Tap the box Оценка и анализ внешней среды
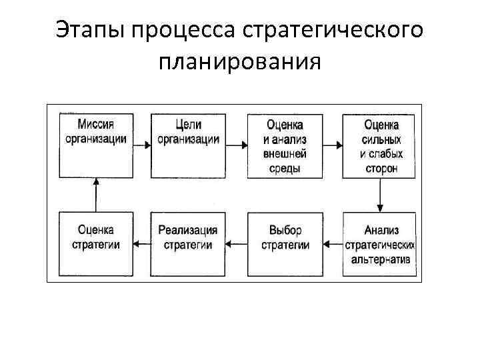[285, 146]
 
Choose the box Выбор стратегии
[285, 244]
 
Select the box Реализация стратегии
[188, 244]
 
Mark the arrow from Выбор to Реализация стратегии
[235, 245]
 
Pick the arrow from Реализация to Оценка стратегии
[141, 245]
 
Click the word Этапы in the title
[93, 30]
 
